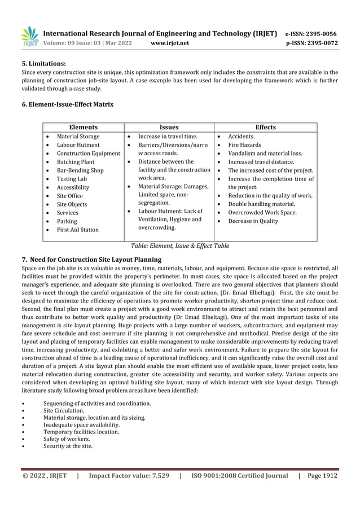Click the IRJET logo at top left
pyautogui.click(x=30, y=36)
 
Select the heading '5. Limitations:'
pyautogui.click(x=43, y=64)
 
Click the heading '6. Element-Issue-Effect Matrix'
pyautogui.click(x=67, y=104)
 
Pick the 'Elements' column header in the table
pyautogui.click(x=83, y=127)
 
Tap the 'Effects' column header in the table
pyautogui.click(x=265, y=127)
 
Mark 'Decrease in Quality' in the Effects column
pyautogui.click(x=253, y=221)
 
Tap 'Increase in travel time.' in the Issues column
pyautogui.click(x=168, y=137)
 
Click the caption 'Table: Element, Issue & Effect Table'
pyautogui.click(x=180, y=246)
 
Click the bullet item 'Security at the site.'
pyautogui.click(x=68, y=446)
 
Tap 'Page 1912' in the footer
pyautogui.click(x=322, y=476)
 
